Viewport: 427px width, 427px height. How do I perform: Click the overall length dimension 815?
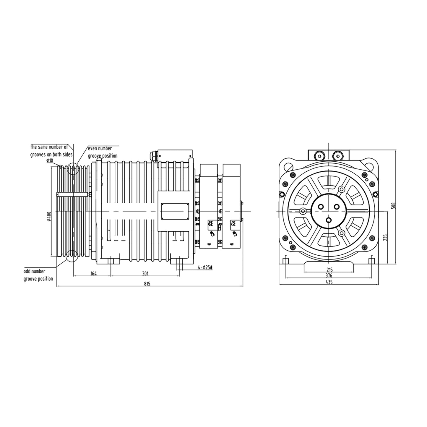click(147, 284)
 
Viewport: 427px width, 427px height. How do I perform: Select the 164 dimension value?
click(93, 274)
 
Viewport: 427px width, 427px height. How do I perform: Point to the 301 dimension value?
click(145, 274)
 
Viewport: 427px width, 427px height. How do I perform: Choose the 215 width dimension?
click(329, 269)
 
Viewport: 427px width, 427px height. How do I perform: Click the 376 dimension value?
click(329, 276)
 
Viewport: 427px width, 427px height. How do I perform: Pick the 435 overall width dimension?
click(329, 282)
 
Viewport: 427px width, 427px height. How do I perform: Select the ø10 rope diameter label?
click(50, 160)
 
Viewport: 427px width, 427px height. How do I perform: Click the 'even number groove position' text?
click(103, 152)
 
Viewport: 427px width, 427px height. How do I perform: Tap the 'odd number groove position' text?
click(38, 275)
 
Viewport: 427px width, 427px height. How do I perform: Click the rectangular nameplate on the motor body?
click(175, 211)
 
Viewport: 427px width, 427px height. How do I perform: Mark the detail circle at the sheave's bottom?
click(72, 256)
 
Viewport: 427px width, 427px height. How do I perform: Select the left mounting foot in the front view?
click(285, 261)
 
